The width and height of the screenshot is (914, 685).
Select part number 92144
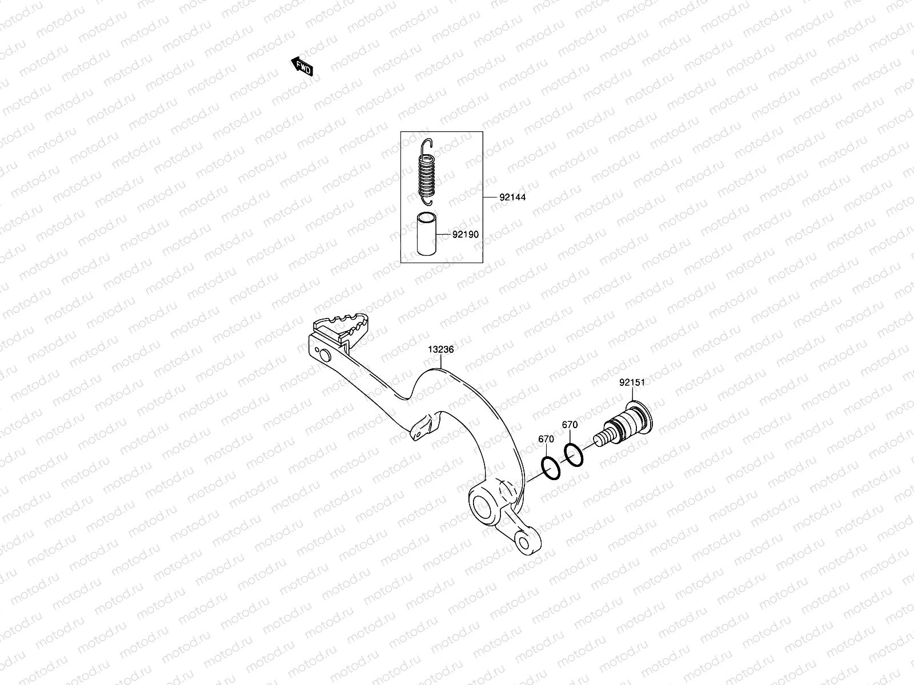coord(512,198)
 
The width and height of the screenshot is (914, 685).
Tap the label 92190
coord(465,234)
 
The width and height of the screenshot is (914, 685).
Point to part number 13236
coord(442,349)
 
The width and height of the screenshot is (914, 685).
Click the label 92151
coord(632,383)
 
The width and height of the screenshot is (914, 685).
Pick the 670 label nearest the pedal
coord(546,439)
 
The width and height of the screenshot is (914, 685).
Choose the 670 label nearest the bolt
coord(570,425)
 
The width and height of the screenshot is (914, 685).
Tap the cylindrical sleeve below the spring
coord(426,234)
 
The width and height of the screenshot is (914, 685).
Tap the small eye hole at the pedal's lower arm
coord(524,541)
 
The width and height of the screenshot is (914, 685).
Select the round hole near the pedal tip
coord(324,355)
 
